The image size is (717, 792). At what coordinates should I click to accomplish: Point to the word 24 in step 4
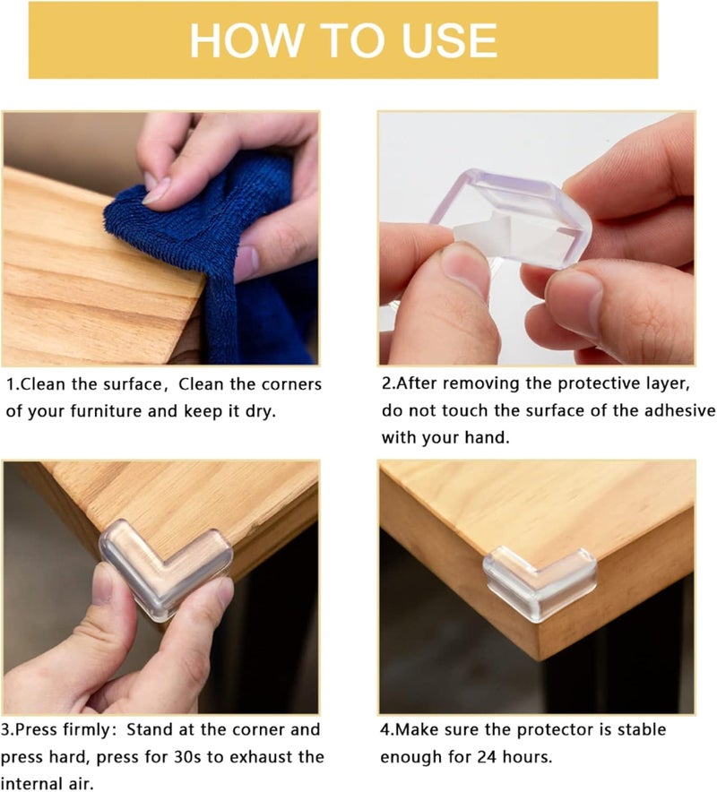coord(490,757)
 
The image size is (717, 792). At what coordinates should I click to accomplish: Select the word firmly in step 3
coord(79,730)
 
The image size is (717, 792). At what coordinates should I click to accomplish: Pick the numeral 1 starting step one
coord(10,384)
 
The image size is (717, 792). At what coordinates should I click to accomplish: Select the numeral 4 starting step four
coord(385,730)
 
